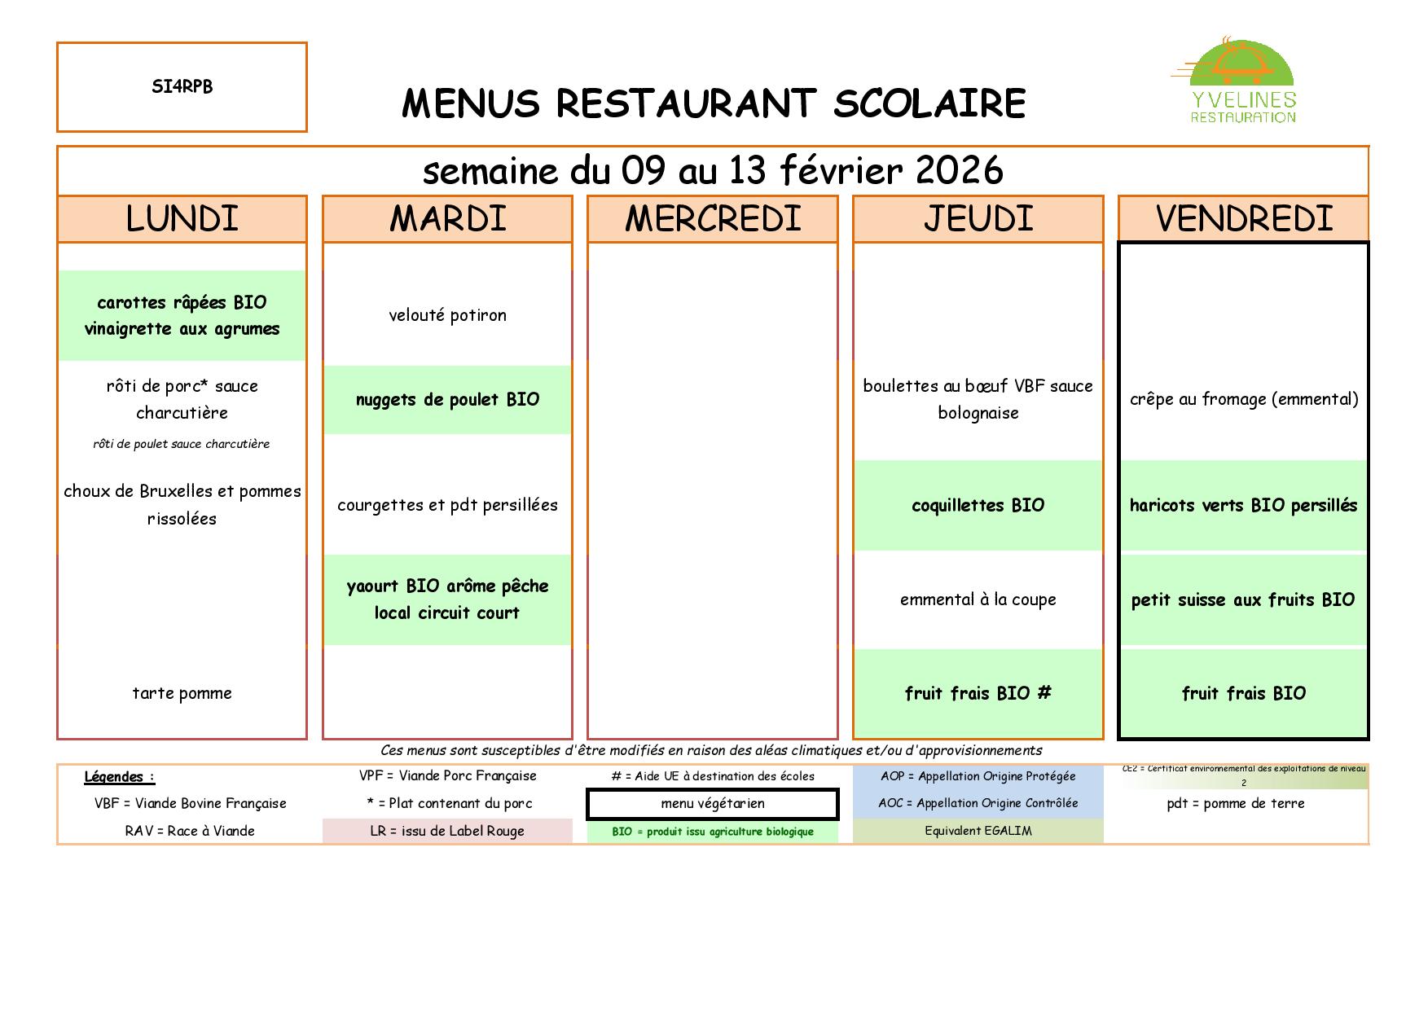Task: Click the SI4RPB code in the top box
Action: pyautogui.click(x=182, y=87)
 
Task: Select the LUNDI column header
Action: pyautogui.click(x=182, y=219)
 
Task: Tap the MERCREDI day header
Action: pyautogui.click(x=713, y=219)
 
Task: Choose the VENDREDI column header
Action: pyautogui.click(x=1244, y=219)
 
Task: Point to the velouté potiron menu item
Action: pyautogui.click(x=447, y=316)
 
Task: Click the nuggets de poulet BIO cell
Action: pyautogui.click(x=447, y=400)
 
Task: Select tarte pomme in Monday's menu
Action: pyautogui.click(x=182, y=694)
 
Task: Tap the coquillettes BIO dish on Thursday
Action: pyautogui.click(x=978, y=506)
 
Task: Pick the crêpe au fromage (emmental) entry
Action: pyautogui.click(x=1244, y=400)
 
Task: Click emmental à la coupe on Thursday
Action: pyautogui.click(x=978, y=600)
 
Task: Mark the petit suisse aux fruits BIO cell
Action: pyautogui.click(x=1243, y=600)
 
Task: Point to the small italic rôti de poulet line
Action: pyautogui.click(x=181, y=444)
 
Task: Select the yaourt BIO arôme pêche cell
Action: pyautogui.click(x=447, y=599)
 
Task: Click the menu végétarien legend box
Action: pyautogui.click(x=713, y=804)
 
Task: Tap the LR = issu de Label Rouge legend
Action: pyautogui.click(x=447, y=832)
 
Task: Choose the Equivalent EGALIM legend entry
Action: pyautogui.click(x=978, y=832)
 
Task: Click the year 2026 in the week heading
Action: pyautogui.click(x=959, y=171)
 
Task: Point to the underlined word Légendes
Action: pyautogui.click(x=115, y=777)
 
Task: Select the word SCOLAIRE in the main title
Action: pyautogui.click(x=929, y=104)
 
